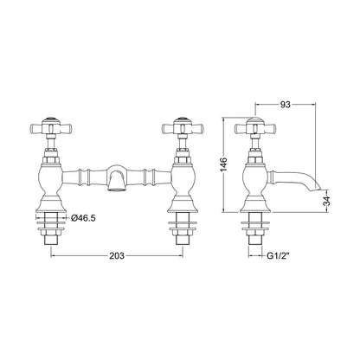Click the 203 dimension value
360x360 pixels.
(x=117, y=255)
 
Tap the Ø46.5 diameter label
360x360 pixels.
(x=83, y=218)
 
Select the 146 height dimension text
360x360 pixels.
(x=224, y=164)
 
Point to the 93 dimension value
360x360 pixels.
(x=286, y=105)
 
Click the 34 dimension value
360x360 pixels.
(x=326, y=201)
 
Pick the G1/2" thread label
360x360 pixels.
(x=278, y=255)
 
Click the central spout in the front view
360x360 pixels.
(x=117, y=177)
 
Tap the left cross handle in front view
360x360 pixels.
(x=51, y=127)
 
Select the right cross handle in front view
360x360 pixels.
(x=183, y=127)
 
